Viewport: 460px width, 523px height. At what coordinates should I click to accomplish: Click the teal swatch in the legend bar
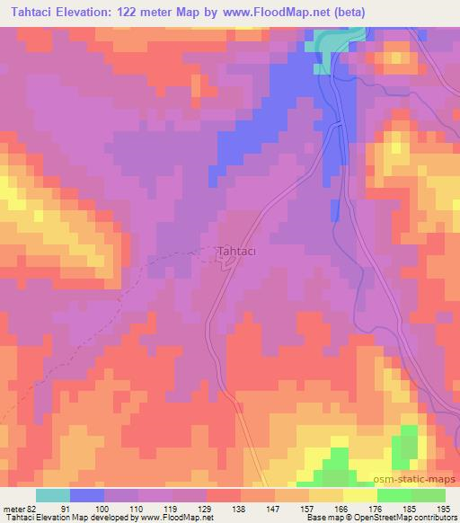click(x=53, y=495)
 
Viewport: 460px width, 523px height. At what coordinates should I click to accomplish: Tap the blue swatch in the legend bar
click(x=87, y=495)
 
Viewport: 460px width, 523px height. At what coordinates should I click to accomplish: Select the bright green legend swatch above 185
click(x=394, y=495)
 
